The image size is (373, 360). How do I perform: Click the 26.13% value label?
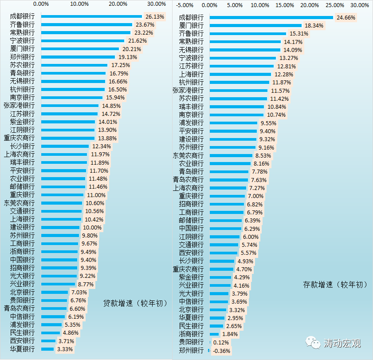click(155, 16)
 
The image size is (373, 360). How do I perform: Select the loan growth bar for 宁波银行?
click(82, 41)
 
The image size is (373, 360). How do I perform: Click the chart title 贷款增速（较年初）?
click(135, 303)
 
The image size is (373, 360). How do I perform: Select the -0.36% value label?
click(222, 351)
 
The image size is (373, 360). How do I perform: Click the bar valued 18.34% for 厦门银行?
click(255, 25)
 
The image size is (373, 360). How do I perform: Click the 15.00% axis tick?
click(285, 5)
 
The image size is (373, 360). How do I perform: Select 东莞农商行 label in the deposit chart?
click(188, 156)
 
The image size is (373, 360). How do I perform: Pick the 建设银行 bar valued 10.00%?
click(60, 227)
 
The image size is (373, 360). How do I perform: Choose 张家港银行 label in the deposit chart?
click(188, 91)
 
